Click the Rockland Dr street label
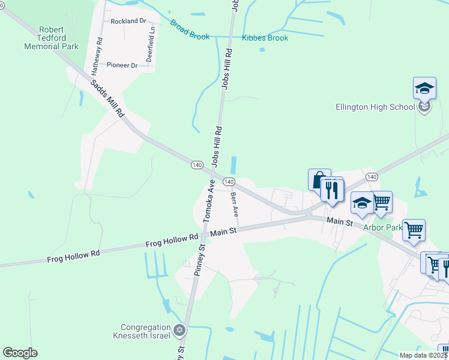click(x=128, y=21)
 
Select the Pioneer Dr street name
click(x=122, y=65)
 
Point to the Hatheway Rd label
click(x=97, y=56)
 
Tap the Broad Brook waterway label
click(x=189, y=31)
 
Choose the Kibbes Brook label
click(x=265, y=38)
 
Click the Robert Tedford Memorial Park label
click(x=51, y=38)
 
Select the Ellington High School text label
click(x=375, y=107)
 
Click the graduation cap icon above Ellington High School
click(x=424, y=89)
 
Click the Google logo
click(x=20, y=353)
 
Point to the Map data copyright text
click(x=424, y=355)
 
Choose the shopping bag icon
click(x=319, y=179)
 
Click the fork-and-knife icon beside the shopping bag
click(x=332, y=190)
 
